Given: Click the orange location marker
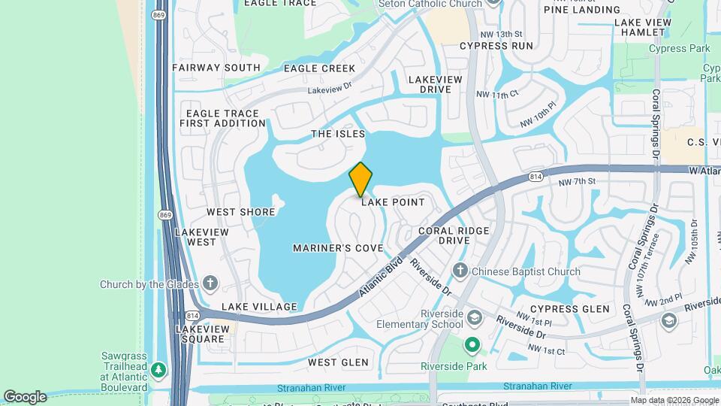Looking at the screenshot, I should coord(360,180).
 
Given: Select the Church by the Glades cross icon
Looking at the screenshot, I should coord(211,283).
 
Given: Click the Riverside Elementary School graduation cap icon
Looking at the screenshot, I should coord(475,318).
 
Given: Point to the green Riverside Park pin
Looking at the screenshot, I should coord(472,346).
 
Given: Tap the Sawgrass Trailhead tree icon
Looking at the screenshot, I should coord(158,370).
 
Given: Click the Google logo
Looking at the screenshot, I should coord(25,397).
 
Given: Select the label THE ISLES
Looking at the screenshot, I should coord(338,134).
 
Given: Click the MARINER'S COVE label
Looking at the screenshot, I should coord(338,248).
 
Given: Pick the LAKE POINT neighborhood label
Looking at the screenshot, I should coord(393,202).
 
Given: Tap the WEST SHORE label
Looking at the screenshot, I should coord(241,212).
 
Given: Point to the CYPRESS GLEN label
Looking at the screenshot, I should coord(569,309).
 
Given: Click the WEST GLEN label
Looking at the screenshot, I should coord(338,362).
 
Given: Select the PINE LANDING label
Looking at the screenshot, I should coord(583,10).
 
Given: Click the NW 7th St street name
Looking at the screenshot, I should coord(577,182).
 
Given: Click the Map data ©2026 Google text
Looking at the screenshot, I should coord(674,400).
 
